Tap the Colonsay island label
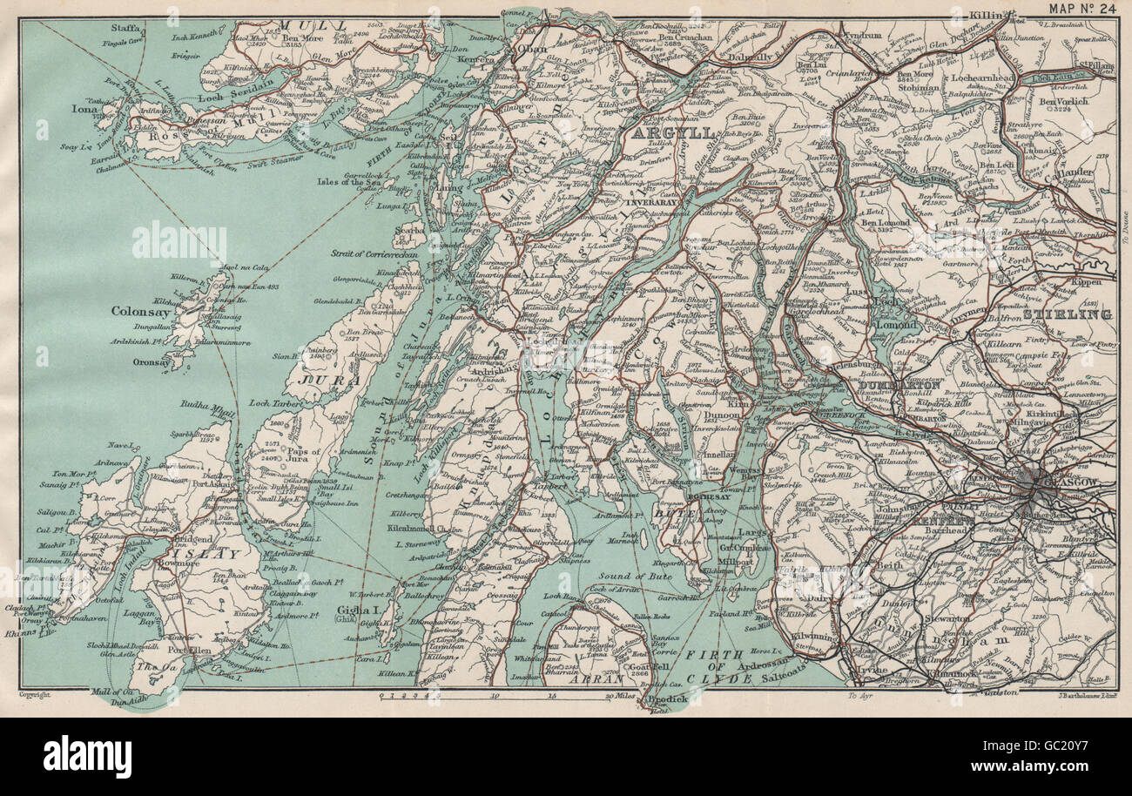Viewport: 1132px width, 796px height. (140, 310)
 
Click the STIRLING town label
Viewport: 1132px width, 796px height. (1068, 314)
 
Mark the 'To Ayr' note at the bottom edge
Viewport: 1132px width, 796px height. (859, 697)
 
